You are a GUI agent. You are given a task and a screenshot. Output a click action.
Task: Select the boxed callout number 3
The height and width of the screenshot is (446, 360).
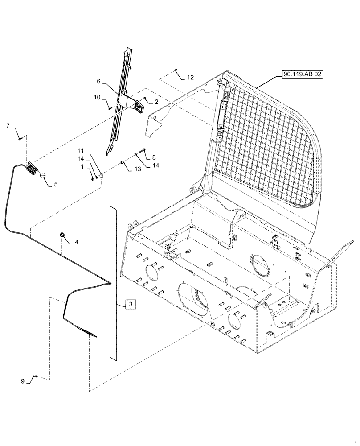pyautogui.click(x=130, y=304)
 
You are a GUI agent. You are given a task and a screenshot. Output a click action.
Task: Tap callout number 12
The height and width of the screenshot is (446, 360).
pyautogui.click(x=190, y=78)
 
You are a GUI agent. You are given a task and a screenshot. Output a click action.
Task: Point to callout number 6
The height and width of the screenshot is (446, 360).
pyautogui.click(x=99, y=82)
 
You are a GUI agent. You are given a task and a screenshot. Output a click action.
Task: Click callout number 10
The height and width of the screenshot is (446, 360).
pyautogui.click(x=97, y=97)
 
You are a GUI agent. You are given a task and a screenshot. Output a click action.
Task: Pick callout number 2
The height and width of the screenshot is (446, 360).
pyautogui.click(x=156, y=102)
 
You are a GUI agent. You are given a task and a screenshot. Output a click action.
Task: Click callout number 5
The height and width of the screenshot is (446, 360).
pyautogui.click(x=56, y=183)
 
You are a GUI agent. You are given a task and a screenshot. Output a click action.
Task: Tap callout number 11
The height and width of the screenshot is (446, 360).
pyautogui.click(x=81, y=151)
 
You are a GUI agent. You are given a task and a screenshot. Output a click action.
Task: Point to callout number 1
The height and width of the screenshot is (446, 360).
pyautogui.click(x=83, y=166)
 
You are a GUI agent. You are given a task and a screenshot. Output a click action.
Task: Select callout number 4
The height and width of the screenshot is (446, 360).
pyautogui.click(x=76, y=242)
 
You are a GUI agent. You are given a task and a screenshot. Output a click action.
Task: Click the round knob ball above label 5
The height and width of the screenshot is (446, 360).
pyautogui.click(x=43, y=176)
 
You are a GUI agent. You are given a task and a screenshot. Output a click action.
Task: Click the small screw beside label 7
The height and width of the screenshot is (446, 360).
pyautogui.click(x=21, y=138)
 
